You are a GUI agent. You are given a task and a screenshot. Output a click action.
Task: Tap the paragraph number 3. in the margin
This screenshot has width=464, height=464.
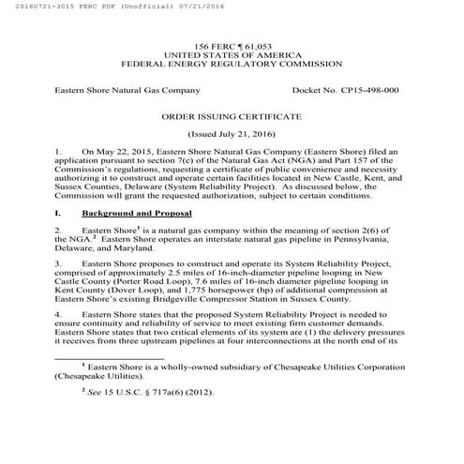59,266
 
